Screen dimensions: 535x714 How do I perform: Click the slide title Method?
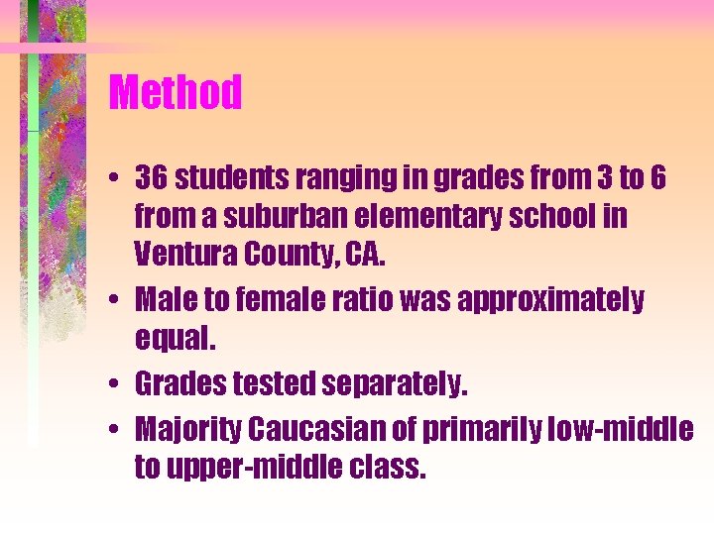point(176,93)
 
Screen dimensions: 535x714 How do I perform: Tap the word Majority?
point(187,428)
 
